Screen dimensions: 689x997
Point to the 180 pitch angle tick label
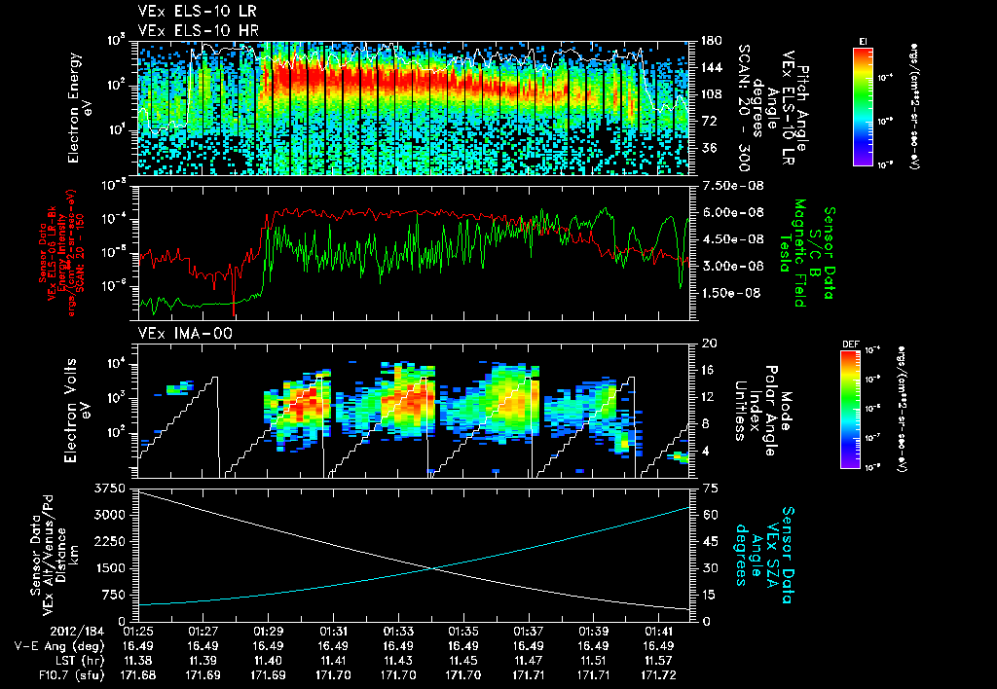click(707, 41)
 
